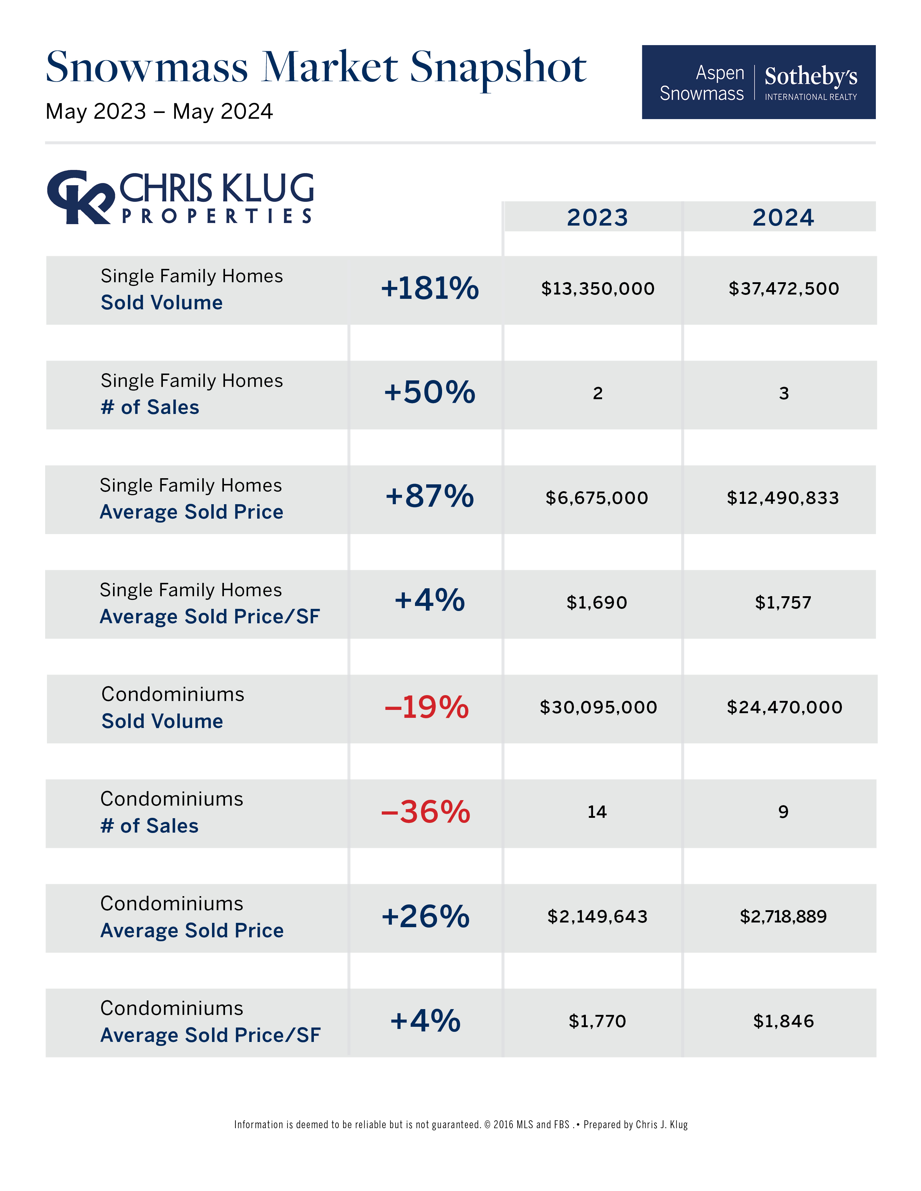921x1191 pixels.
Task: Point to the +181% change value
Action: (x=429, y=288)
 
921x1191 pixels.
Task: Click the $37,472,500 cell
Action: (x=783, y=288)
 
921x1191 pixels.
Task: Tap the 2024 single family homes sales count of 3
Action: (x=783, y=393)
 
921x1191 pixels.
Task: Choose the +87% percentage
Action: (x=429, y=496)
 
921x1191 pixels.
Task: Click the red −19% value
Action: (x=426, y=707)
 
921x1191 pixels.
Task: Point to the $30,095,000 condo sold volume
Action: (x=598, y=707)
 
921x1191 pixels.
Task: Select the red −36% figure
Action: (x=425, y=812)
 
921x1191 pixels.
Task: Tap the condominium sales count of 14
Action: (x=597, y=812)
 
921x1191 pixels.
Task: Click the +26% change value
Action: (x=425, y=916)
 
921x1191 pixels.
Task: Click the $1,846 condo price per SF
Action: (x=783, y=1021)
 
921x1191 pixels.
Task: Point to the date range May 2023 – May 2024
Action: (x=159, y=112)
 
